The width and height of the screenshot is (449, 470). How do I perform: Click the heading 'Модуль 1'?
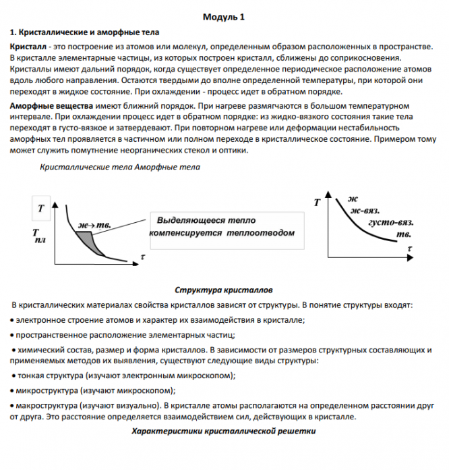(x=224, y=17)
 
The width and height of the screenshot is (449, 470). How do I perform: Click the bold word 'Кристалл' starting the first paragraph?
(x=27, y=45)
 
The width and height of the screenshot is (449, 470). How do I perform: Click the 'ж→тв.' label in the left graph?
(x=95, y=224)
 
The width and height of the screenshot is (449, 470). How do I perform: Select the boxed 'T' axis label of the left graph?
(x=42, y=209)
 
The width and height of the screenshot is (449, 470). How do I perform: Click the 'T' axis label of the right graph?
(x=317, y=202)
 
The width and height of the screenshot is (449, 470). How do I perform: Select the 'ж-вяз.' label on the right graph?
(x=363, y=210)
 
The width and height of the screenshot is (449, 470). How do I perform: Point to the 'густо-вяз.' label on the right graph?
(x=391, y=222)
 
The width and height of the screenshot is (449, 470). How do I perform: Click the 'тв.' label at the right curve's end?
(x=404, y=234)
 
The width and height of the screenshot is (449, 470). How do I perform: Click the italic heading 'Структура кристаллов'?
(x=223, y=290)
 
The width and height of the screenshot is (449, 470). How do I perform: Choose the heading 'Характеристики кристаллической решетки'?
(x=223, y=430)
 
